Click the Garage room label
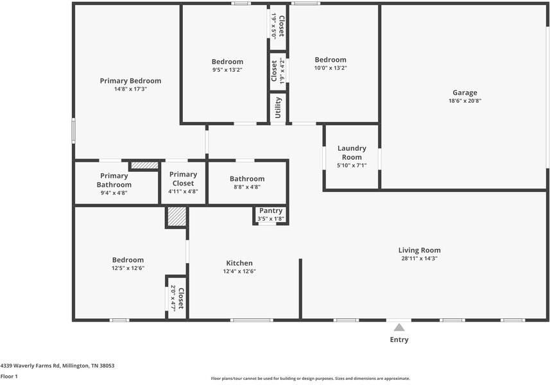(465, 92)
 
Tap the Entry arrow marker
(399, 328)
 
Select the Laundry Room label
(352, 153)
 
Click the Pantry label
(271, 210)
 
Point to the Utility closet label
(278, 107)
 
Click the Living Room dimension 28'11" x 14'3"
(419, 259)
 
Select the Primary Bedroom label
(130, 81)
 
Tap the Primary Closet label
(183, 178)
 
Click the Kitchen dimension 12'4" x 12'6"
(239, 271)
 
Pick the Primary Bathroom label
(114, 180)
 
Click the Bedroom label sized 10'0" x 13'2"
(330, 60)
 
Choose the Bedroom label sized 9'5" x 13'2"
(227, 62)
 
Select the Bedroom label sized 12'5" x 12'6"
(127, 260)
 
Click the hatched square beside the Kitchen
(176, 216)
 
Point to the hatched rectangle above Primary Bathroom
(144, 166)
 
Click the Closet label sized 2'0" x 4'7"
(181, 299)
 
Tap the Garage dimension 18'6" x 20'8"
(465, 101)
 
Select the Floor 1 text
(9, 377)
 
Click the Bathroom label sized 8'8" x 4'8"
(247, 179)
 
